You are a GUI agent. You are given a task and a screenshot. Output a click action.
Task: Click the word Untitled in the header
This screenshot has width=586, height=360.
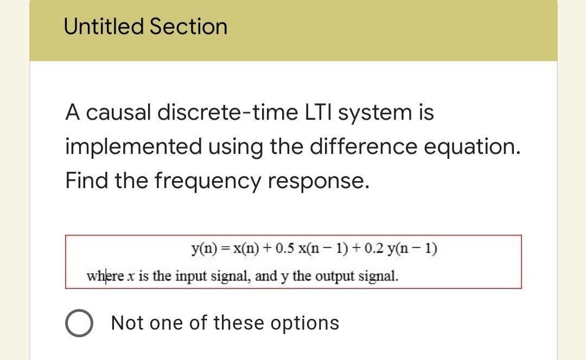(x=103, y=27)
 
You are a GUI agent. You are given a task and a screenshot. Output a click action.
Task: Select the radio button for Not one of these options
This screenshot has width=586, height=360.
(x=80, y=324)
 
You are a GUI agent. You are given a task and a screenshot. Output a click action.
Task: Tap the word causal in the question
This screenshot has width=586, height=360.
(x=119, y=113)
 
